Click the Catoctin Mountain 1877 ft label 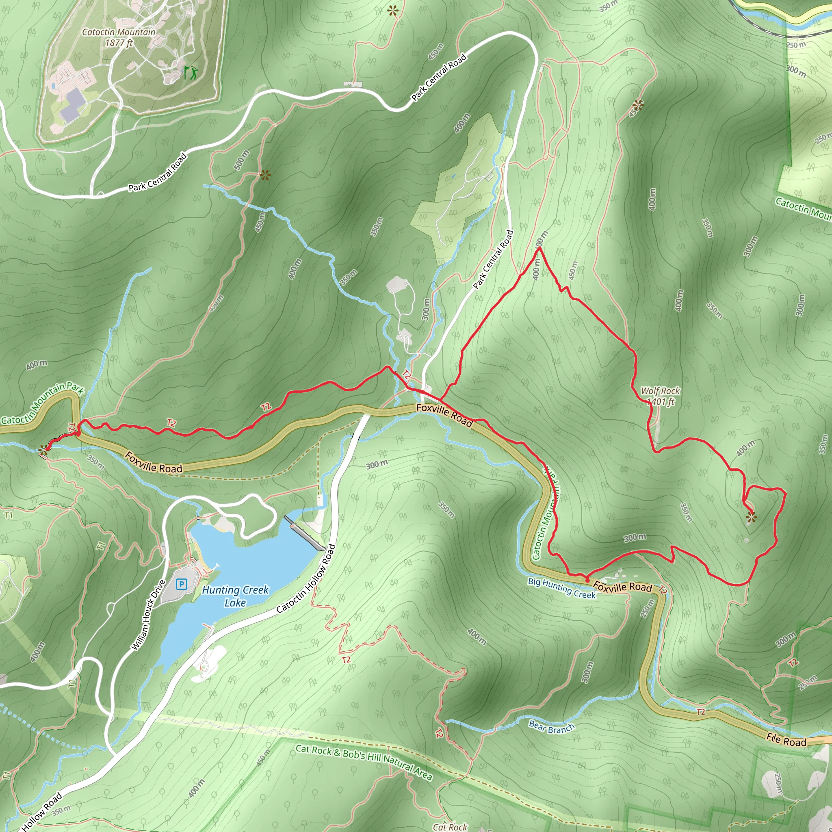click(119, 37)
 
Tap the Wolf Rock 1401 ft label click(660, 396)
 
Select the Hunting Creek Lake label click(235, 596)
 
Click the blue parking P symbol click(182, 584)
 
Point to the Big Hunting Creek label click(561, 588)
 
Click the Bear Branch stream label click(552, 727)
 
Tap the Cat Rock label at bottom click(450, 827)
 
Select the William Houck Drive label click(149, 615)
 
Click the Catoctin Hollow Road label click(306, 578)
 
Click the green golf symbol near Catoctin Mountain click(190, 72)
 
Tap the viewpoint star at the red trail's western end click(43, 451)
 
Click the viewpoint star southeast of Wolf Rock click(751, 517)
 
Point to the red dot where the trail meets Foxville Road click(587, 581)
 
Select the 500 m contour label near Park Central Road click(242, 160)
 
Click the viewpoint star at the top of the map click(393, 11)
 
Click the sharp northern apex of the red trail click(538, 249)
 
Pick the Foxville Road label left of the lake click(153, 462)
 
